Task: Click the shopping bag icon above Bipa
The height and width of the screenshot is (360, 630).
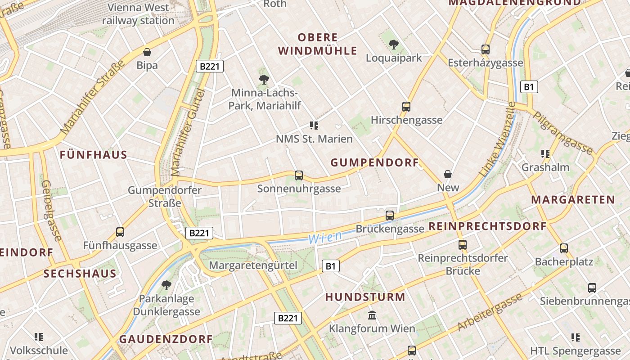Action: point(147,52)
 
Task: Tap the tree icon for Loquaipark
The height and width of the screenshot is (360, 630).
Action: point(394,44)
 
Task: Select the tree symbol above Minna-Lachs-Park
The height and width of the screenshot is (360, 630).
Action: point(264,80)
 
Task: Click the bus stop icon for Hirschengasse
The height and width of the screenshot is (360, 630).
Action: point(406,107)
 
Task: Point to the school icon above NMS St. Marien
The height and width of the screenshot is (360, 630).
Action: point(314,126)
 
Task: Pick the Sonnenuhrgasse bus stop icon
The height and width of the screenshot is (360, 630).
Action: point(298,175)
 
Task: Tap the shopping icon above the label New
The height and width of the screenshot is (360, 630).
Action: point(448,174)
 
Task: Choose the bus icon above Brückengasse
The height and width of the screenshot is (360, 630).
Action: point(390,215)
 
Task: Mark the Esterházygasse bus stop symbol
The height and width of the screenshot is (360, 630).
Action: point(485,49)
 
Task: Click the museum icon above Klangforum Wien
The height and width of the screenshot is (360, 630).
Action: point(372,315)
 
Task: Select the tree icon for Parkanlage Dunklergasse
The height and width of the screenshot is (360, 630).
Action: point(166,285)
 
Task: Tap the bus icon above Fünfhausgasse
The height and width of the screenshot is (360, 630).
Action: point(120,232)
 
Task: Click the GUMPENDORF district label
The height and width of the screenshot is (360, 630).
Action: point(375,163)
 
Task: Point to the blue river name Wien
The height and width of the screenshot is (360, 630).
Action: point(325,237)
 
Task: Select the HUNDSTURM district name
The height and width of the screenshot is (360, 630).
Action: point(365,297)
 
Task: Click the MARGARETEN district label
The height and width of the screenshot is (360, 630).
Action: point(572,199)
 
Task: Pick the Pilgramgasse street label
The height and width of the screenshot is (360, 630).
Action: point(563,133)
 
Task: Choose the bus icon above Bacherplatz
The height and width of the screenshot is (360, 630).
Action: point(564,248)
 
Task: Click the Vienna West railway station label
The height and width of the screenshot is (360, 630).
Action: point(138,14)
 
